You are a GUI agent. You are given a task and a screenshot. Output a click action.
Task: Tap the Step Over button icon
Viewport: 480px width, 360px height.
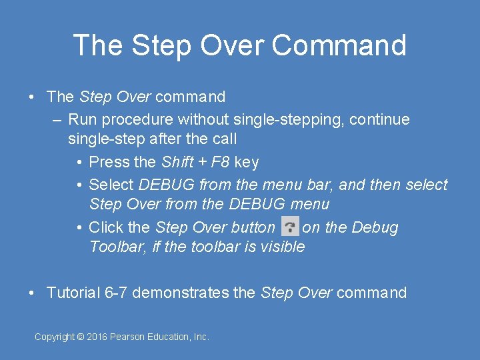[x=290, y=227]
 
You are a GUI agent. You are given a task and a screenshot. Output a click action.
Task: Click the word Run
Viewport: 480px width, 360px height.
[x=81, y=120]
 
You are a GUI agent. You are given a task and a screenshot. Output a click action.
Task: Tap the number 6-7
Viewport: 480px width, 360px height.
[x=117, y=293]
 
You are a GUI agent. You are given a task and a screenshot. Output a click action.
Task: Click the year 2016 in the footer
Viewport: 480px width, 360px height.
[x=97, y=337]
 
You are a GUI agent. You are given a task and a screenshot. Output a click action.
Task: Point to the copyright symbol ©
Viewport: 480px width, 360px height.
[x=81, y=337]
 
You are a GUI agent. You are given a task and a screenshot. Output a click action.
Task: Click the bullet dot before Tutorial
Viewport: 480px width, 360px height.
[x=32, y=293]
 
